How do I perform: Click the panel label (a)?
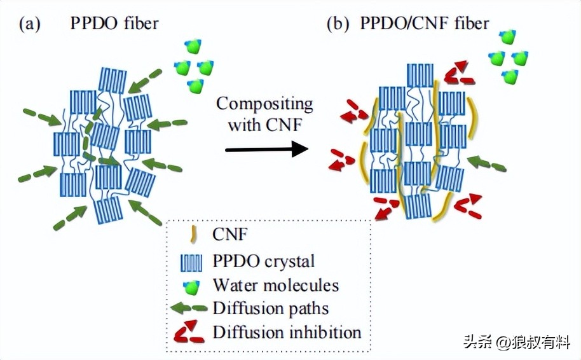[31, 24]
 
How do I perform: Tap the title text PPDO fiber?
[115, 24]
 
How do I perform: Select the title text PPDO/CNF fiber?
[425, 24]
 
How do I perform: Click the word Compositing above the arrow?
[264, 103]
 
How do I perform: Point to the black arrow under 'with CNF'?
[266, 149]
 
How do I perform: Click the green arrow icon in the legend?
[189, 309]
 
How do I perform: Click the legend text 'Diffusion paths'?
[271, 309]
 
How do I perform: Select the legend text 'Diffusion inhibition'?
[287, 332]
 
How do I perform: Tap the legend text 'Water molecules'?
[276, 286]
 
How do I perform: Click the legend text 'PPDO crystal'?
[264, 261]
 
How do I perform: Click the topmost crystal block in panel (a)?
[113, 80]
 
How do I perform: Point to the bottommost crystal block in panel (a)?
[109, 209]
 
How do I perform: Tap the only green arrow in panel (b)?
[487, 164]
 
